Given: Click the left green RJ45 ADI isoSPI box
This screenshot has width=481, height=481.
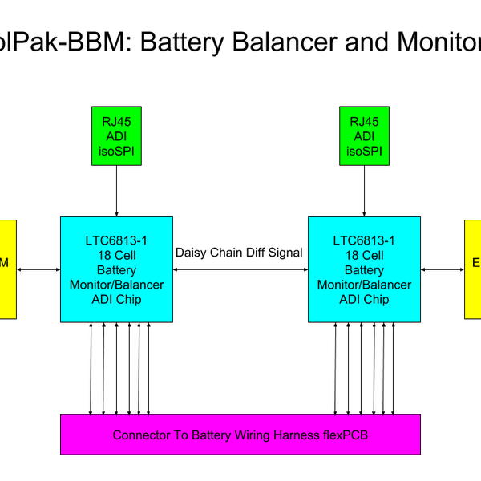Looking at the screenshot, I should pos(117,135).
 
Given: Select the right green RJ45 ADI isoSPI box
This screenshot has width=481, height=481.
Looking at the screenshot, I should pos(365,135).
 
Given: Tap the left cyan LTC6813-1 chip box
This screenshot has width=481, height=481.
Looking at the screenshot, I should pos(117,269).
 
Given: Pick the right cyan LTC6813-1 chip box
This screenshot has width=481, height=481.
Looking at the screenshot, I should pos(365,269).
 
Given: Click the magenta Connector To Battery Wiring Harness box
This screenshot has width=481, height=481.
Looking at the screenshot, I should pos(240,435).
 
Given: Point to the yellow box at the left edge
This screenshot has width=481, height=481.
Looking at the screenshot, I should pos(7,269).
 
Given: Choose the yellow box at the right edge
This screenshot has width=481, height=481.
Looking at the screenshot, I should pos(473,269).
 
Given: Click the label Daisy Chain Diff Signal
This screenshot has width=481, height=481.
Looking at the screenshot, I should pos(239,253).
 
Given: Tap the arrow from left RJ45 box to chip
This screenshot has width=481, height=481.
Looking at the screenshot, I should pos(117,191).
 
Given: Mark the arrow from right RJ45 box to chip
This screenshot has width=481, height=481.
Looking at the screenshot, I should pos(365,191).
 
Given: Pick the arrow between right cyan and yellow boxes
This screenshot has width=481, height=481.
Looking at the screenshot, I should pos(443,269).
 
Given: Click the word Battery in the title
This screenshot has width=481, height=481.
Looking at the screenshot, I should pos(182,42).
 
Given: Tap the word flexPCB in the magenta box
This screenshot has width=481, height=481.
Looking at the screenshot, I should pos(343,435).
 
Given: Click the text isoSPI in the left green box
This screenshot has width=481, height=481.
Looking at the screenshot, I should pos(117,150).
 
